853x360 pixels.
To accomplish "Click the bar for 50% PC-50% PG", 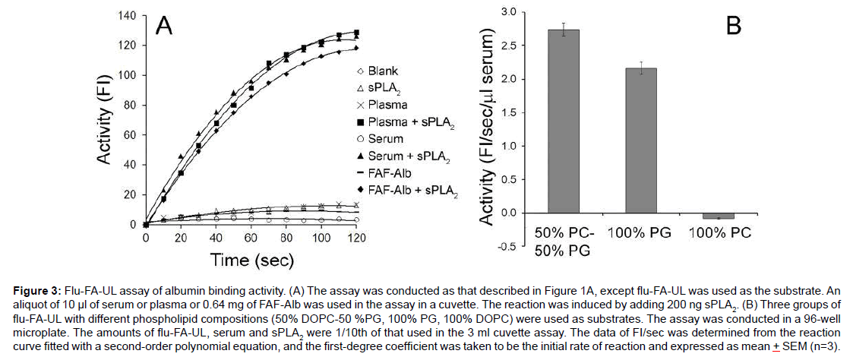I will click(x=563, y=122).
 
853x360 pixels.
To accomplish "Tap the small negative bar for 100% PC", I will click(x=718, y=216).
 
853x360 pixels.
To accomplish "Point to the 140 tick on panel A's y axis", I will click(x=127, y=15).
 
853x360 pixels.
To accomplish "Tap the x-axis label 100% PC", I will click(x=718, y=232).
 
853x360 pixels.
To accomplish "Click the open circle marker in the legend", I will click(x=361, y=139).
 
